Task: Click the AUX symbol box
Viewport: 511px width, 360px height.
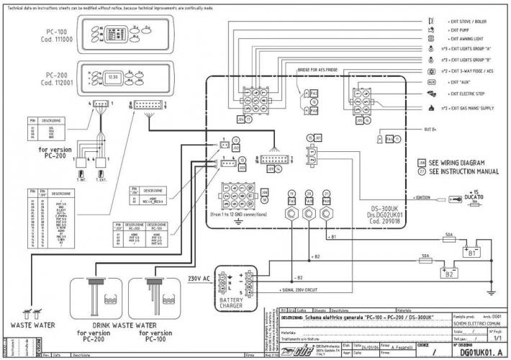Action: tap(430, 82)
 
